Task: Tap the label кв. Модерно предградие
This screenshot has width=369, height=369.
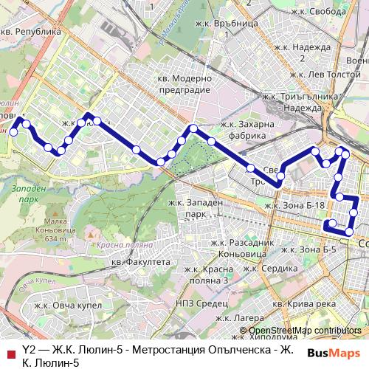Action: point(184,83)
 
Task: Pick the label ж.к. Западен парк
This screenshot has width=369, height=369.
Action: point(196,208)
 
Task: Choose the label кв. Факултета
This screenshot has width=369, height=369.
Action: point(140,262)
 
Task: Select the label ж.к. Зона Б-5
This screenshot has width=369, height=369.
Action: point(308,249)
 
